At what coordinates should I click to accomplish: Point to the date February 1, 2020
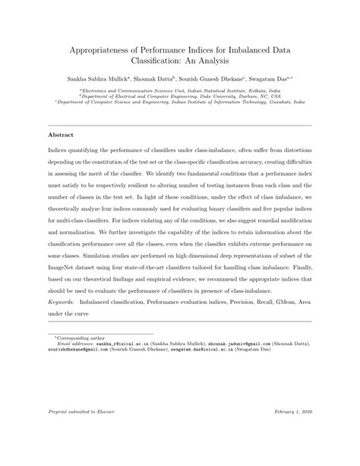pyautogui.click(x=291, y=433)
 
